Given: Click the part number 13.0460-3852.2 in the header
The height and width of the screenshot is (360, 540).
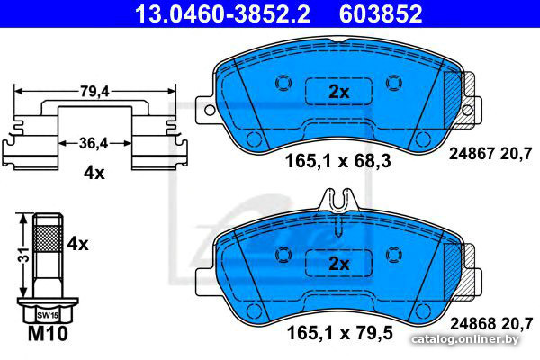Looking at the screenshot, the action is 222,13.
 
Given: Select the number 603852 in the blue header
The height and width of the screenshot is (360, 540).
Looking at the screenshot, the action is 381,13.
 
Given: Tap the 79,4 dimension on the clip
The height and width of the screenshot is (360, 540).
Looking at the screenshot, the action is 94,92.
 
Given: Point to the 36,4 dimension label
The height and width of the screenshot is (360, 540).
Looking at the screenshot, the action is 94,143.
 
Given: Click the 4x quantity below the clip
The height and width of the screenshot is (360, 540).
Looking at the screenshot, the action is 94,173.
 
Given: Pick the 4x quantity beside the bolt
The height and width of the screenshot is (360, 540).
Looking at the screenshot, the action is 77,244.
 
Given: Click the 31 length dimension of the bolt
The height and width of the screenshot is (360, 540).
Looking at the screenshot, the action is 24,254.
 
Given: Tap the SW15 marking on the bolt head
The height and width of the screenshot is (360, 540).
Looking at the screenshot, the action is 48,315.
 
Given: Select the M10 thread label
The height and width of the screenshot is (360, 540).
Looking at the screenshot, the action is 48,333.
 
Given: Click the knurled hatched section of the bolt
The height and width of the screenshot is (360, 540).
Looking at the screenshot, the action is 48,238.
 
